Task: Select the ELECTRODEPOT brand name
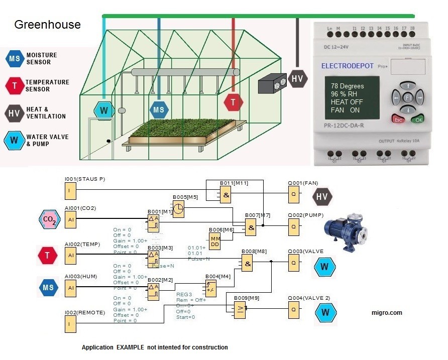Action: (x=351, y=66)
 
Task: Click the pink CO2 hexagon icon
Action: (x=50, y=219)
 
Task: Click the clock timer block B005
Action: (x=178, y=209)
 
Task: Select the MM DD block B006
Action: (x=215, y=240)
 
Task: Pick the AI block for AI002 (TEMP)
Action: (x=71, y=255)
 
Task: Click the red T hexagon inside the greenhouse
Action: (x=233, y=102)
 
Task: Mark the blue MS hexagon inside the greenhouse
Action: (x=159, y=109)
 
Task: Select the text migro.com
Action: (x=386, y=313)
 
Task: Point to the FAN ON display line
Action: (x=345, y=110)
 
